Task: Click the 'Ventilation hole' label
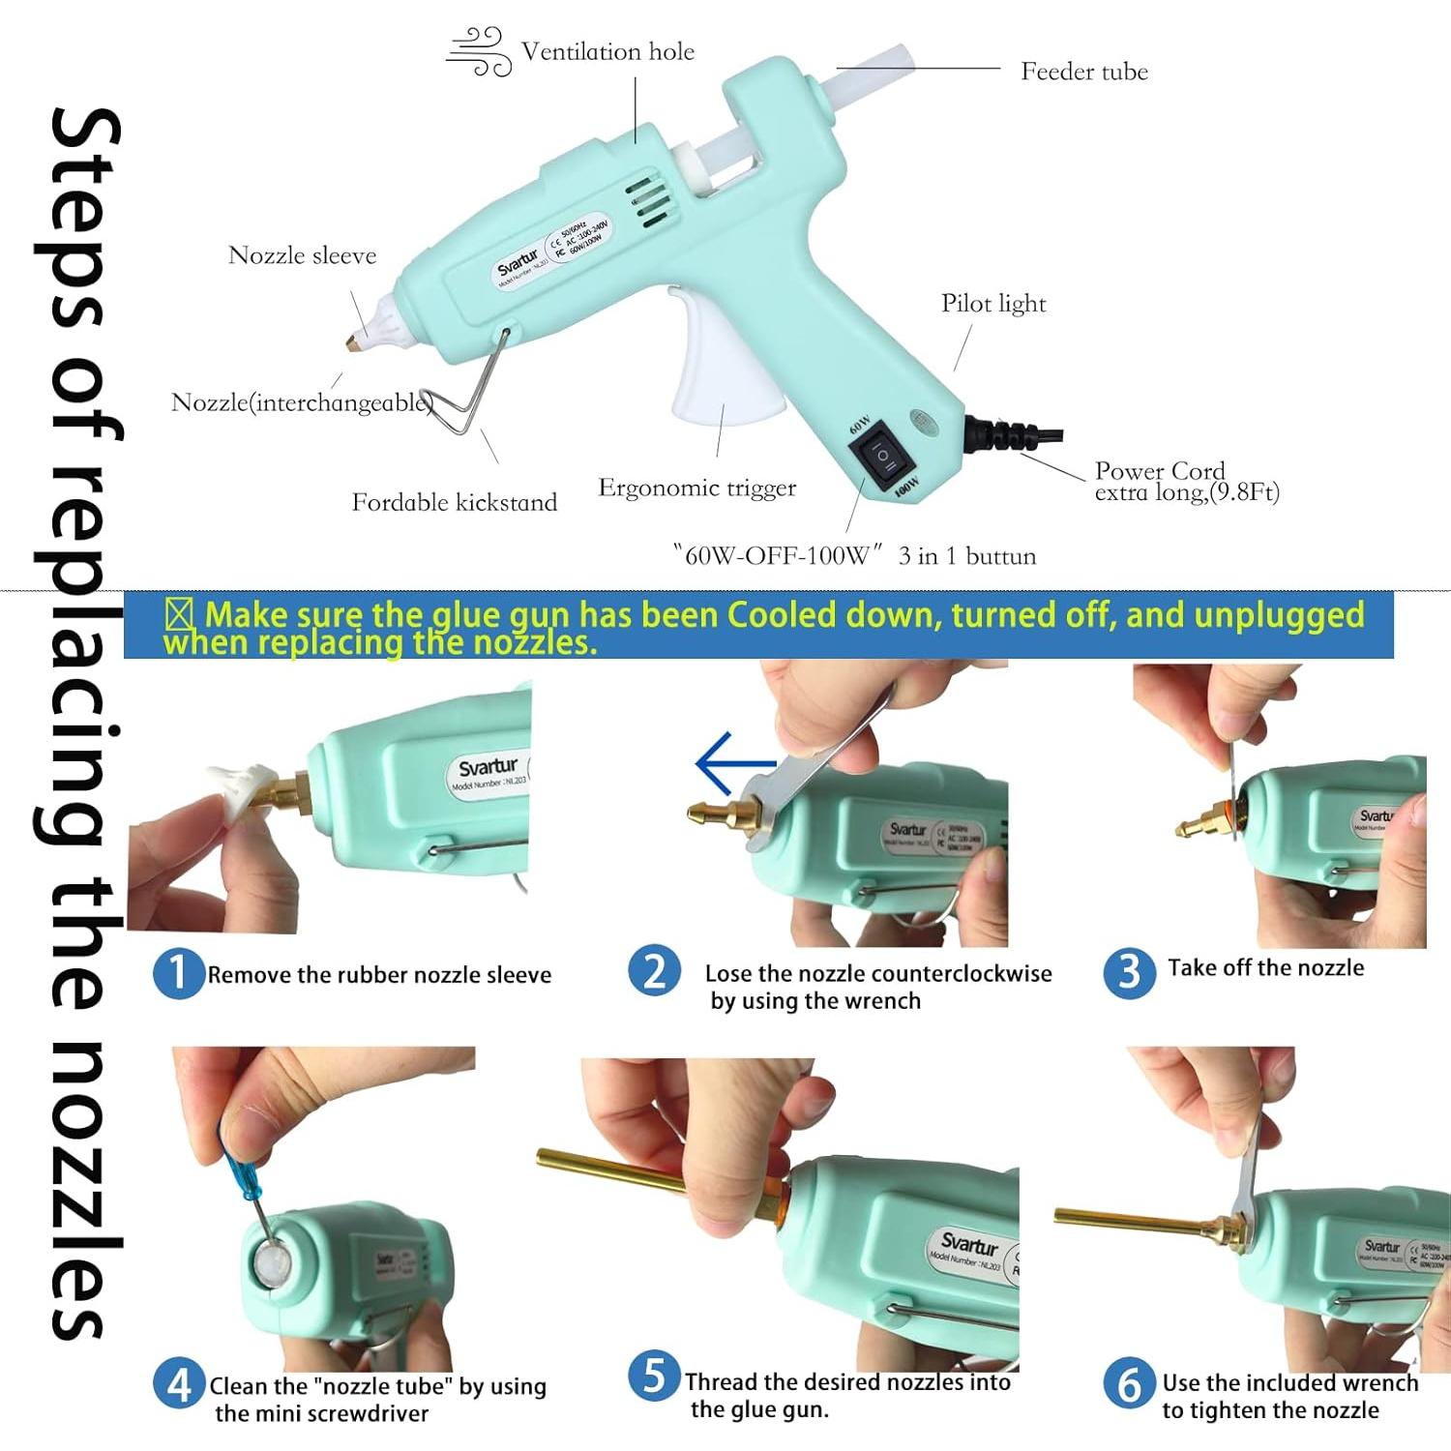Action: point(607,51)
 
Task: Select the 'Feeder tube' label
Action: point(1083,72)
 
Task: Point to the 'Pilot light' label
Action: point(993,304)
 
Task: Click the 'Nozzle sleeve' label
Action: point(302,255)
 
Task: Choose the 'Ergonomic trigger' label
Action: point(696,488)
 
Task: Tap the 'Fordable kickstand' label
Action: point(454,502)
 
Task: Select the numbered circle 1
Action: point(178,973)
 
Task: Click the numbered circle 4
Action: point(178,1384)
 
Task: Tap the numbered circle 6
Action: point(1129,1384)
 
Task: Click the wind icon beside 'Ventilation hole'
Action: point(479,52)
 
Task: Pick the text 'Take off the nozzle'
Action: point(1265,968)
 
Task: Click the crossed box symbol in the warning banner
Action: point(180,615)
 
